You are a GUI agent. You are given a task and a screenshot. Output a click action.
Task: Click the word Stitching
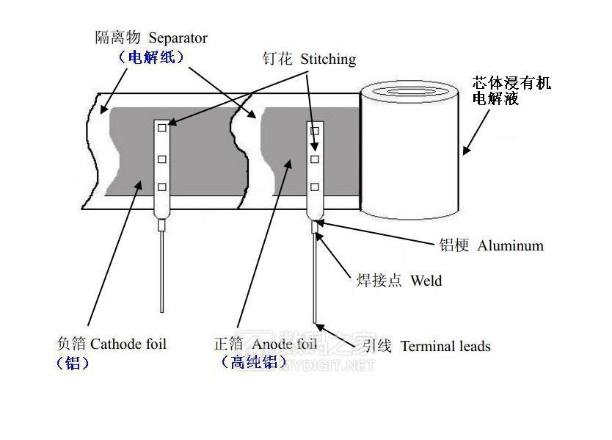pyautogui.click(x=328, y=59)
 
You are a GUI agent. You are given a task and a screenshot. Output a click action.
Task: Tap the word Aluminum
pyautogui.click(x=510, y=246)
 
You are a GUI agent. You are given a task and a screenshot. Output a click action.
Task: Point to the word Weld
pyautogui.click(x=426, y=281)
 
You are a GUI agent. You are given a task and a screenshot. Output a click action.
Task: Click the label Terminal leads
pyautogui.click(x=445, y=346)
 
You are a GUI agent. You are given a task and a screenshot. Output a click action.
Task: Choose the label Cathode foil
pyautogui.click(x=128, y=343)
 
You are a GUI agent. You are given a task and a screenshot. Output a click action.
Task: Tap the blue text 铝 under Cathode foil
pyautogui.click(x=73, y=363)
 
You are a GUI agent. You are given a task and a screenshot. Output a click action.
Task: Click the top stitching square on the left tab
pyautogui.click(x=162, y=129)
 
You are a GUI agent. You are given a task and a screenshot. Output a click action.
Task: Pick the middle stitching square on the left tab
pyautogui.click(x=162, y=159)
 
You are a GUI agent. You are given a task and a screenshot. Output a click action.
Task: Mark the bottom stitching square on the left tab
pyautogui.click(x=162, y=187)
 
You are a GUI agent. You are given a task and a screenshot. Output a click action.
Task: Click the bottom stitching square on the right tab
pyautogui.click(x=315, y=187)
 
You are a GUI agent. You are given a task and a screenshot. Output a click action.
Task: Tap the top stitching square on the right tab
pyautogui.click(x=315, y=131)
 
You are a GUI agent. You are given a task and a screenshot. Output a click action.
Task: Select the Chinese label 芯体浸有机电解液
pyautogui.click(x=511, y=90)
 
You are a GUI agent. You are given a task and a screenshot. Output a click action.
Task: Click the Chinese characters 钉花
pyautogui.click(x=278, y=59)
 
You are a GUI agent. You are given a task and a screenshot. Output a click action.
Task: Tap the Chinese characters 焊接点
pyautogui.click(x=379, y=281)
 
